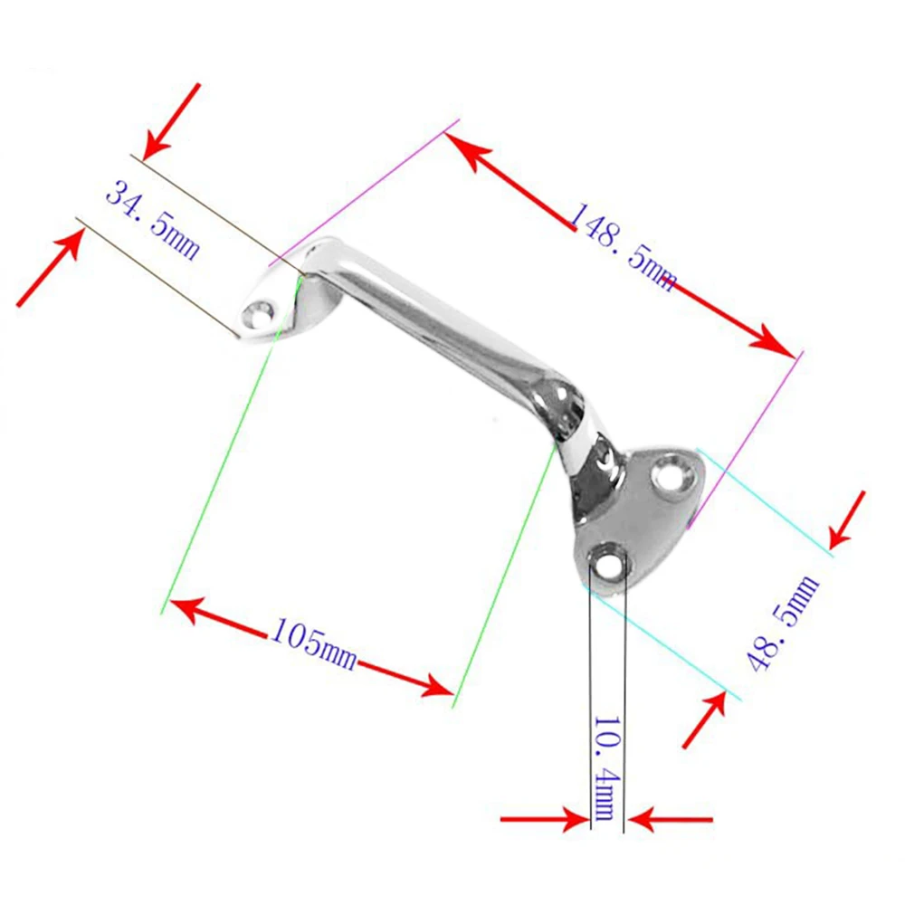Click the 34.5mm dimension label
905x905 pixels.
(x=152, y=220)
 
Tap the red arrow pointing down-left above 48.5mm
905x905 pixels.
(x=848, y=519)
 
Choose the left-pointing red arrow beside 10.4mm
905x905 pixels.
(x=671, y=820)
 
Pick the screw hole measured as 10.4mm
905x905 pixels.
(x=607, y=562)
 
